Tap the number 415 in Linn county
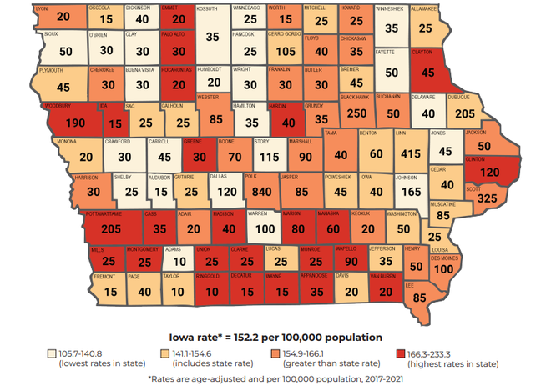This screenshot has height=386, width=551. pos(409,154)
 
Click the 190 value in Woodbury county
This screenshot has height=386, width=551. pos(73,123)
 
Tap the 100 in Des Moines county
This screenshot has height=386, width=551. pos(444,270)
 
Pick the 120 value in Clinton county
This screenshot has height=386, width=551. pos(488,171)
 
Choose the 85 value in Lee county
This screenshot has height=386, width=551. pos(420,296)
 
